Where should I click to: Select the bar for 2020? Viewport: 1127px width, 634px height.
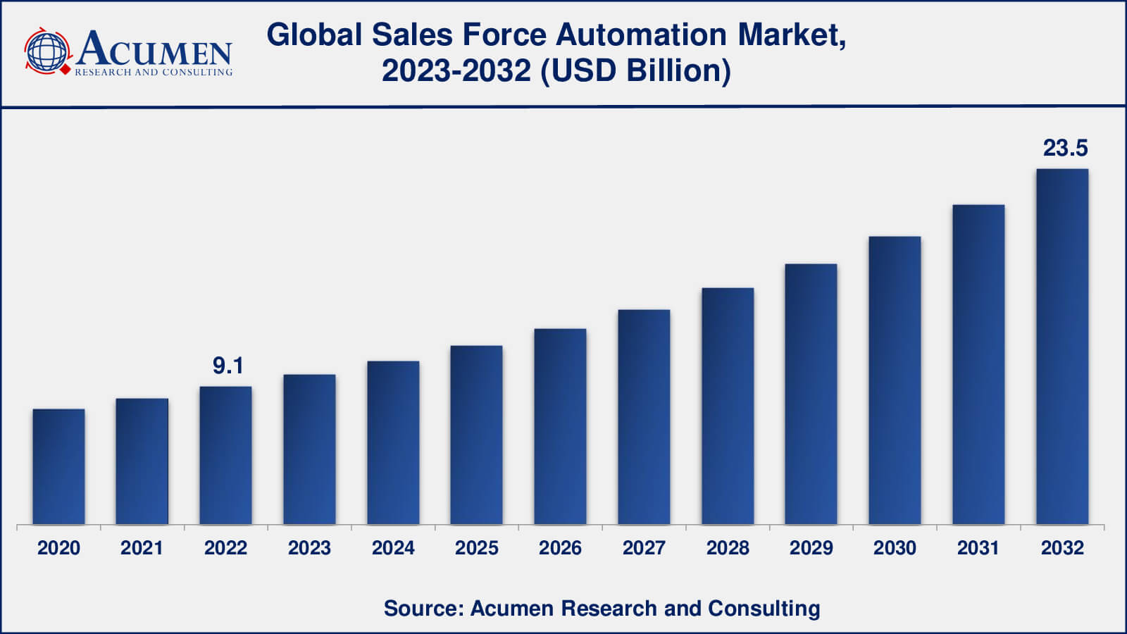click(x=58, y=466)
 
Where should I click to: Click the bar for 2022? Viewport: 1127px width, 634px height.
click(x=225, y=455)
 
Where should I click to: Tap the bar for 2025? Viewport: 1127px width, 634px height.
click(x=477, y=435)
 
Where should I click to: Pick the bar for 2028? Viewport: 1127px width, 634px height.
click(x=728, y=406)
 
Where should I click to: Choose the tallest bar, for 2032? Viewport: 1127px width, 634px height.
click(x=1062, y=347)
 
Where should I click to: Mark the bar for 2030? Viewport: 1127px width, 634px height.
click(x=895, y=380)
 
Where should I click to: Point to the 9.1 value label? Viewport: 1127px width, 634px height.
click(x=228, y=366)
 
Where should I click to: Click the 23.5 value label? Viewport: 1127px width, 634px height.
click(x=1065, y=148)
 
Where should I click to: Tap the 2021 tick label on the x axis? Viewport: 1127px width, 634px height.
click(x=142, y=548)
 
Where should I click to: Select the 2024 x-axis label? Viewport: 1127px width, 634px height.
click(x=393, y=548)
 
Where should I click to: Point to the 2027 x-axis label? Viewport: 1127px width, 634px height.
click(x=644, y=548)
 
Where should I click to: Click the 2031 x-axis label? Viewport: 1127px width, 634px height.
click(x=978, y=548)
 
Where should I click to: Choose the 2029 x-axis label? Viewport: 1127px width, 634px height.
click(x=811, y=548)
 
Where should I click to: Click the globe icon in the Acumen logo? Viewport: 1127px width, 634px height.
click(x=46, y=51)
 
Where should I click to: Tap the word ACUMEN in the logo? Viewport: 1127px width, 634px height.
click(x=154, y=49)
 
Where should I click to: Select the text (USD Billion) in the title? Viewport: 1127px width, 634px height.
click(x=635, y=70)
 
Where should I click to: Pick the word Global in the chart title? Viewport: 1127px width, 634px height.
click(x=314, y=35)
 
